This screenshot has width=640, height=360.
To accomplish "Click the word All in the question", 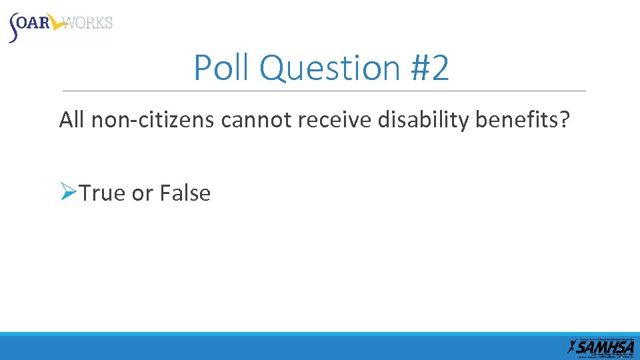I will [73, 120].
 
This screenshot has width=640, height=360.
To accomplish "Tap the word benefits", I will [515, 120].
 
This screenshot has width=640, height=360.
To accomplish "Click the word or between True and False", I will [142, 193].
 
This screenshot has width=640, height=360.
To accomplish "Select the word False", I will [185, 193].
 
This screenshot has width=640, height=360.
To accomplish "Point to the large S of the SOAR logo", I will [15, 28].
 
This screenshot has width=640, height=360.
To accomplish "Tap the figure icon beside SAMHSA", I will [571, 346].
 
